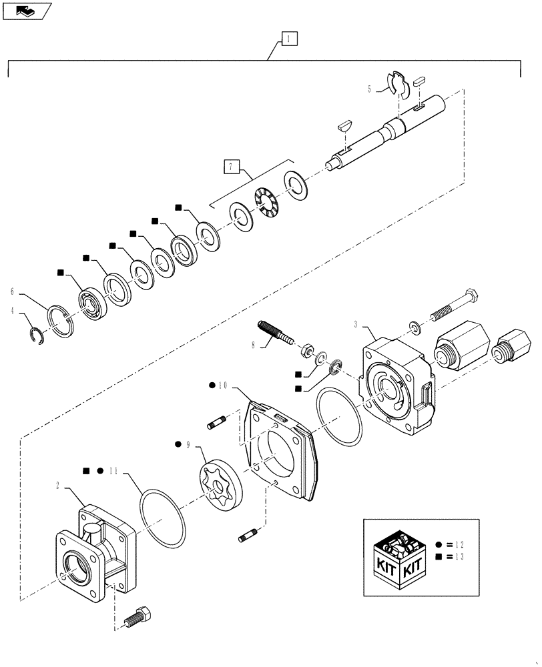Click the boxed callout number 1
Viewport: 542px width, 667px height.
pos(288,39)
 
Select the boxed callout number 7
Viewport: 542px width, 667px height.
pos(230,167)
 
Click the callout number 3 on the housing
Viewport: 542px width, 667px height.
pos(357,325)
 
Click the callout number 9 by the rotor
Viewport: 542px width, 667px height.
pos(188,444)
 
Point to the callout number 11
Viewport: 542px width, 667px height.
pos(114,470)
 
